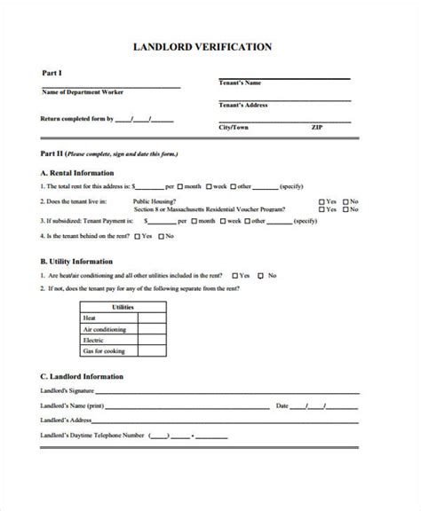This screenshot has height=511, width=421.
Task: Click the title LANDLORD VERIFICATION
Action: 210,45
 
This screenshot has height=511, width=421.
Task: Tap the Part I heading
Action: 52,73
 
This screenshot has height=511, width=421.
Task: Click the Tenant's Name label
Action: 239,83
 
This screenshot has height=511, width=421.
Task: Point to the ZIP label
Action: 316,128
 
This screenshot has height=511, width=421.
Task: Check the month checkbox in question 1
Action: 181,187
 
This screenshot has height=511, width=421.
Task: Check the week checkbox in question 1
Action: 209,187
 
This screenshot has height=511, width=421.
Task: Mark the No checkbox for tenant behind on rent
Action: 161,237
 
